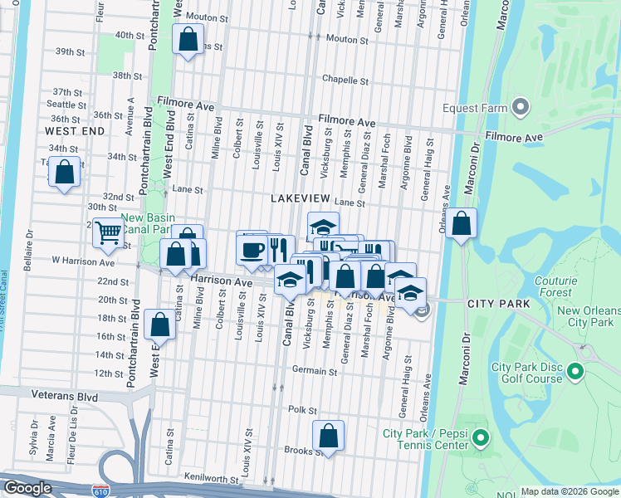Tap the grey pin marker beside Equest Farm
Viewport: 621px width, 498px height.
point(521,106)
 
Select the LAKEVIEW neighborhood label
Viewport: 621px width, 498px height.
point(300,198)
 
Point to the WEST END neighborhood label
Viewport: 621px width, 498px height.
point(75,131)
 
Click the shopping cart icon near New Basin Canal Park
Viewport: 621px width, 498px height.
point(108,233)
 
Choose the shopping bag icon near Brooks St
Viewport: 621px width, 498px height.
point(329,436)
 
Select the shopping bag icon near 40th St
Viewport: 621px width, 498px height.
point(188,37)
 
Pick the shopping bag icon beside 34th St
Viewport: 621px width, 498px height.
point(65,173)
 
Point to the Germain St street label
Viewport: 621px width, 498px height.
point(315,371)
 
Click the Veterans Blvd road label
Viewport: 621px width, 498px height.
point(62,395)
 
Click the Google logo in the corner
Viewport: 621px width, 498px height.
point(28,487)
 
